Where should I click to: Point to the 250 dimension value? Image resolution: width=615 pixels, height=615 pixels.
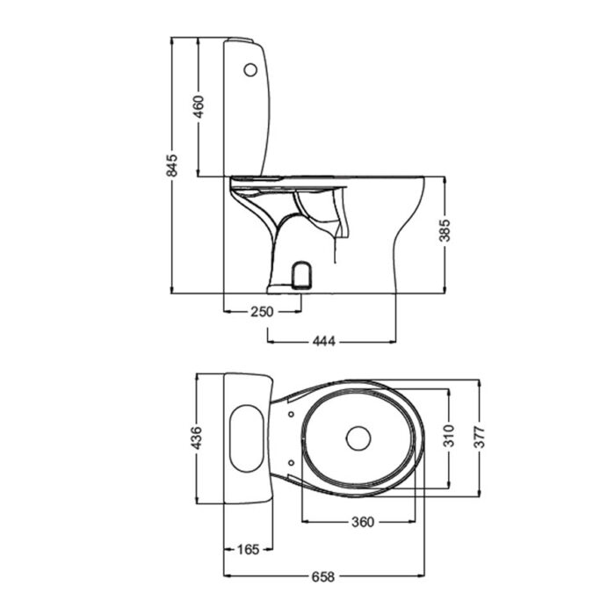click(x=263, y=312)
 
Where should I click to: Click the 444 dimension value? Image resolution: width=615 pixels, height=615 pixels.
click(x=324, y=340)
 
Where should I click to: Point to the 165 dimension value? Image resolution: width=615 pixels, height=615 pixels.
click(x=249, y=550)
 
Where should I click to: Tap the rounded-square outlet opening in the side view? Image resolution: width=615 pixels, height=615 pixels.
click(x=300, y=274)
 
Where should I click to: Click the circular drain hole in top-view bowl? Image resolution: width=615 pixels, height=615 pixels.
click(x=358, y=438)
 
